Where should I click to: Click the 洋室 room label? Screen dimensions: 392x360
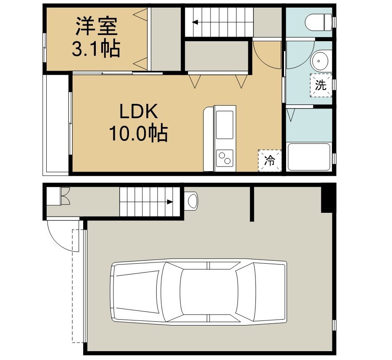tap(97, 26)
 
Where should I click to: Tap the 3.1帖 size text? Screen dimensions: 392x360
tap(96, 49)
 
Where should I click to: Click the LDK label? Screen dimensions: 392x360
tap(139, 111)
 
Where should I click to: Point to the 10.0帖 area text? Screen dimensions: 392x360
tap(138, 133)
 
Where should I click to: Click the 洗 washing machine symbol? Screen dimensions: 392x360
tap(321, 85)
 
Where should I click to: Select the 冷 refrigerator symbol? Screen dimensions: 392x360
tap(270, 161)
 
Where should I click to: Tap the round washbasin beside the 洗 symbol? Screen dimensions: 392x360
tap(319, 61)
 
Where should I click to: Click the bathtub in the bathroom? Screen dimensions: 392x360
tap(309, 156)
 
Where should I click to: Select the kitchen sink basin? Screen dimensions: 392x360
tap(224, 125)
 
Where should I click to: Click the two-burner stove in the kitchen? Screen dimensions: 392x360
tap(224, 158)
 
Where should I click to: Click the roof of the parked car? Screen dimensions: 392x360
tap(209, 292)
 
